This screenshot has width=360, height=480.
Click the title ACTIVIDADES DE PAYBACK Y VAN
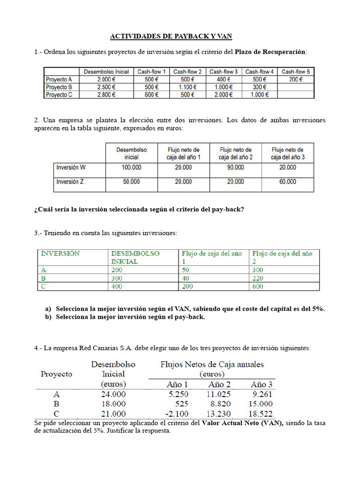[171, 36]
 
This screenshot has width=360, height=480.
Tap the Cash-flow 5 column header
[295, 72]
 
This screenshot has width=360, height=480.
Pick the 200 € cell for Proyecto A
[295, 79]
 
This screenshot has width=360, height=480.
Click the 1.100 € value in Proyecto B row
[187, 87]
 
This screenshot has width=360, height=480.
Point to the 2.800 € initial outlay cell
[106, 94]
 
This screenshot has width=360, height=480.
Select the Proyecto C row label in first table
[59, 94]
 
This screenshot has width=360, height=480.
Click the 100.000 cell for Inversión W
[131, 167]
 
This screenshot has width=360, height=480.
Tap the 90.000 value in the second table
[235, 167]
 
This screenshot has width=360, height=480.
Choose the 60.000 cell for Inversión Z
[287, 182]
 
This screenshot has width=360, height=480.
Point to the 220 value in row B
[258, 278]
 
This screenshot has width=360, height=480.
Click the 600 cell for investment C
[258, 286]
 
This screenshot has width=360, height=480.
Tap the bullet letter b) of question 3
[48, 317]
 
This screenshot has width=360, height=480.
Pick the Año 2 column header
[219, 384]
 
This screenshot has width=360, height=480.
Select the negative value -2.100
[176, 413]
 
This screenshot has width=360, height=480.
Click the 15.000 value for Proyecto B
[261, 404]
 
